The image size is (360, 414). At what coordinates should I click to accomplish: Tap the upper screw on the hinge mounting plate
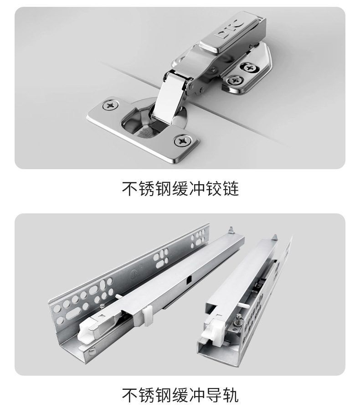point(249,68)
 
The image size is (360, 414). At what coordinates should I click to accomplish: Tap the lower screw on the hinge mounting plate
point(234,80)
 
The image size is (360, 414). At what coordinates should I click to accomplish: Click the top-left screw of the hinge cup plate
point(110,105)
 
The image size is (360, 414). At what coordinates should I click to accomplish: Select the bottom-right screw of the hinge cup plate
point(182,141)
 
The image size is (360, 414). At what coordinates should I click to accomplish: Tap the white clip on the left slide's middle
point(148,316)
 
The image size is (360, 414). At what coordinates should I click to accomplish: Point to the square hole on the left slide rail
point(189,279)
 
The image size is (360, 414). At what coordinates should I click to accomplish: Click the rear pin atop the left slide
point(231,230)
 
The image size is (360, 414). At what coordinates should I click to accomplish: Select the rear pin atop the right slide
point(274,237)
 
